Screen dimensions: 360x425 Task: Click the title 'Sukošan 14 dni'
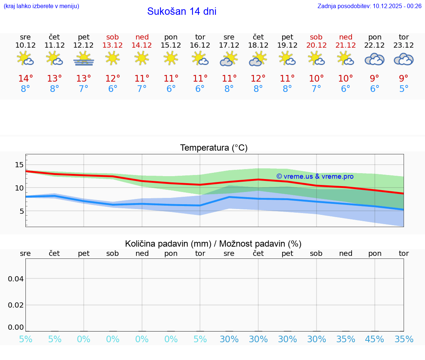pos(182,11)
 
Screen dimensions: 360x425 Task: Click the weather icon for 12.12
pos(84,58)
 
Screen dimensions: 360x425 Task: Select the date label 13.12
pos(113,45)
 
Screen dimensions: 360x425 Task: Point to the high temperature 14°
pos(25,79)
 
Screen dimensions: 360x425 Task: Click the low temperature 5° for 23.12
pos(404,89)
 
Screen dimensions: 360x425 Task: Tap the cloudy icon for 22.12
pos(374,59)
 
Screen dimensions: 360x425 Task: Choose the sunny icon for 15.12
pos(171,58)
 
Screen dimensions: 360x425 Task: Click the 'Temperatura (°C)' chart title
pos(214,148)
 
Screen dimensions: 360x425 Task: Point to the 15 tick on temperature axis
pos(19,165)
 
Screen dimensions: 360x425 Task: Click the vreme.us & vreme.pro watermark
pos(315,176)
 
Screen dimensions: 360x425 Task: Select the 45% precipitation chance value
pos(374,339)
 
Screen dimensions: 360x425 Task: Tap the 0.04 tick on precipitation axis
pos(16,279)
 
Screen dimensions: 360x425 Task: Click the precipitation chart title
pos(213,244)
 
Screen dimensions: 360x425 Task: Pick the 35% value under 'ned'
pos(346,339)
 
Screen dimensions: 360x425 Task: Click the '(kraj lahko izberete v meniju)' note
pos(41,6)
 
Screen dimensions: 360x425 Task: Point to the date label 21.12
pos(346,45)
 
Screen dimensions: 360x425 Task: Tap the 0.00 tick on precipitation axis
pos(16,327)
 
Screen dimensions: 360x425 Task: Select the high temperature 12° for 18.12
pos(258,79)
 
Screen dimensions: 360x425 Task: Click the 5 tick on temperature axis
pos(21,211)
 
